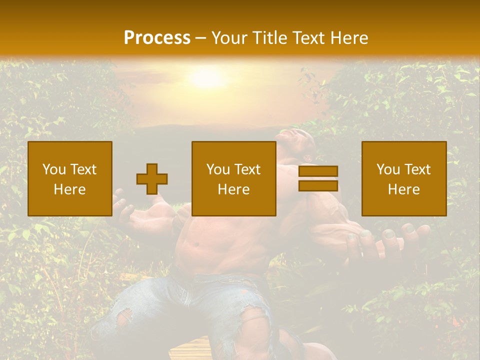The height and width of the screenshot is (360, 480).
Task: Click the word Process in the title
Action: pyautogui.click(x=157, y=38)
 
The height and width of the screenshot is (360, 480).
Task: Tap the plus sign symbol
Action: pyautogui.click(x=152, y=179)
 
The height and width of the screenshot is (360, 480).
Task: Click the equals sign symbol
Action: pyautogui.click(x=318, y=178)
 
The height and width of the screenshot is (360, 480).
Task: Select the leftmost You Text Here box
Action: pyautogui.click(x=70, y=178)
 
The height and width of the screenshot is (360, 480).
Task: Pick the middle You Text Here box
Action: pyautogui.click(x=233, y=178)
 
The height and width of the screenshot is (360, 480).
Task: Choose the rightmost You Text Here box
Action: pyautogui.click(x=404, y=178)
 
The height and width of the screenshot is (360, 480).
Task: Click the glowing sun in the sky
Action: pyautogui.click(x=206, y=78)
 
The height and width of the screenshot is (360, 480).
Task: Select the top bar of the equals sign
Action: pyautogui.click(x=318, y=171)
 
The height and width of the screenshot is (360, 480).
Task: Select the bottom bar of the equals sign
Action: pyautogui.click(x=318, y=186)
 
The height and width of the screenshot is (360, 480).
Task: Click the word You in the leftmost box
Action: pyautogui.click(x=53, y=169)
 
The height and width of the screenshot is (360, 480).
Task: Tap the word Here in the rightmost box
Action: pyautogui.click(x=404, y=189)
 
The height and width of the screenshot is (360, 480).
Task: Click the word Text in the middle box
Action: pyautogui.click(x=247, y=169)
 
